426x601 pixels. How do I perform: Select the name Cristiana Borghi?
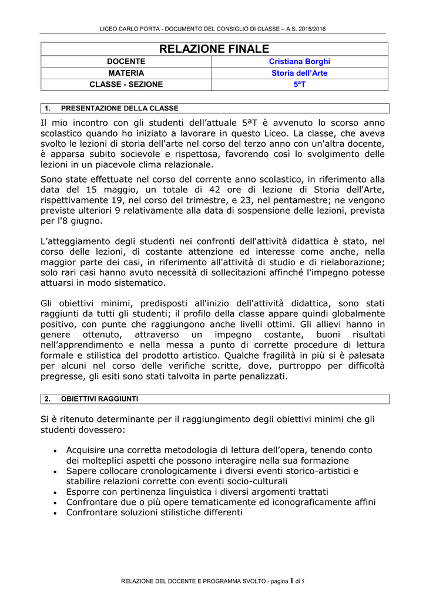point(299,62)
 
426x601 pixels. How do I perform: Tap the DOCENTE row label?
point(126,62)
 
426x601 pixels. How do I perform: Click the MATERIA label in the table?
point(126,73)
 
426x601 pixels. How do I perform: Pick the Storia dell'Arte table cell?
point(299,73)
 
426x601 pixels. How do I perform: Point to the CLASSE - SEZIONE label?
point(126,85)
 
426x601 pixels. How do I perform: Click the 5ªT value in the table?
point(300,85)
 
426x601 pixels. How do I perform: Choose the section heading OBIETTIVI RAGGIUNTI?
point(99,399)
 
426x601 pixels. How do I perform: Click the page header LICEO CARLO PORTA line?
point(213,29)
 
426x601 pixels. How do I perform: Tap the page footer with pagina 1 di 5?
point(213,581)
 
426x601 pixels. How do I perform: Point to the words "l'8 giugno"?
point(79,221)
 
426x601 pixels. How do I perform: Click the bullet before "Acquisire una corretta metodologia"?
point(55,450)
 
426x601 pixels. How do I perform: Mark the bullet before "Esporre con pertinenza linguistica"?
point(55,492)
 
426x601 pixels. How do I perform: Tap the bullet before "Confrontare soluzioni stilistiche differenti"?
point(55,512)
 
